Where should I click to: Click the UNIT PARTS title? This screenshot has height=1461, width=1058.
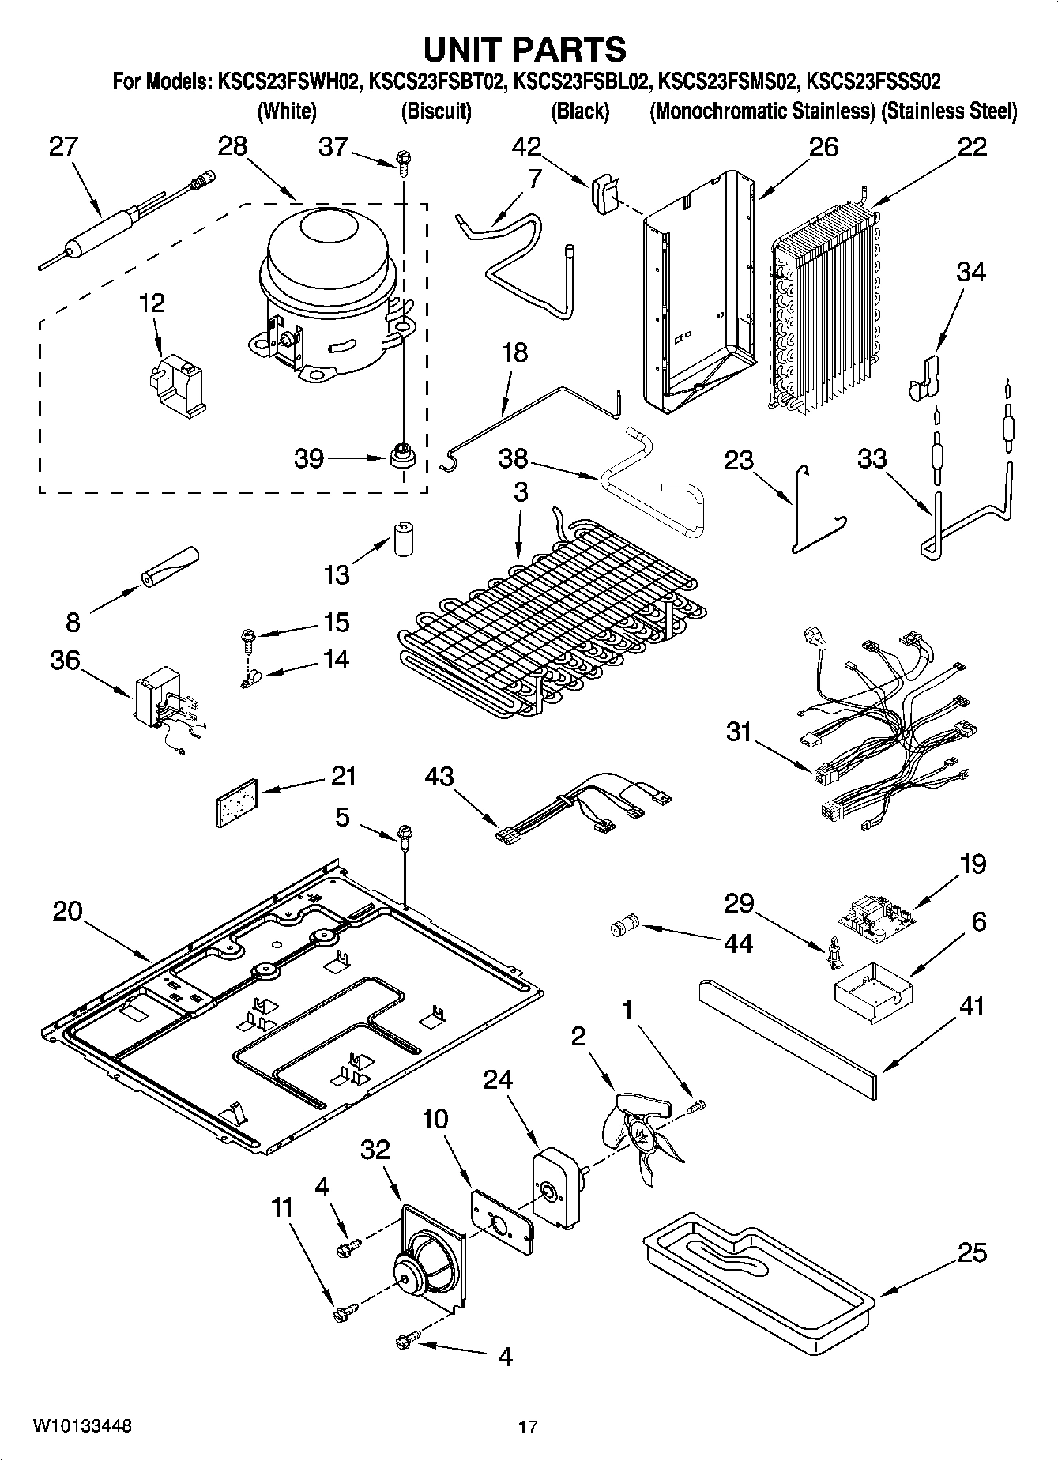(525, 49)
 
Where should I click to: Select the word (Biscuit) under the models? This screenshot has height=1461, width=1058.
(436, 111)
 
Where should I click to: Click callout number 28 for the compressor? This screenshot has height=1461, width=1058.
(232, 146)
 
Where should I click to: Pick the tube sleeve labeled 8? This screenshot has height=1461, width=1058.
(169, 567)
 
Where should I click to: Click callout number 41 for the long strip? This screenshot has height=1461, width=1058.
(971, 1007)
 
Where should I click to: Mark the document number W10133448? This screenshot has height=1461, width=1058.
(81, 1426)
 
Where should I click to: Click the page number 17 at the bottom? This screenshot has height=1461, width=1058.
(528, 1427)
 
